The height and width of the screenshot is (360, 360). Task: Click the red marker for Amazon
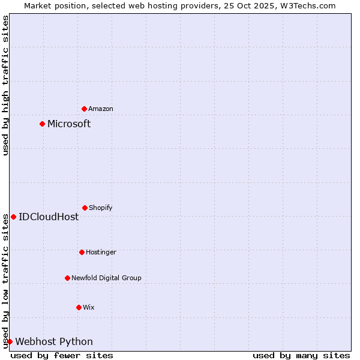point(84,109)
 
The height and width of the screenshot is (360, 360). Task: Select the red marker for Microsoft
point(42,124)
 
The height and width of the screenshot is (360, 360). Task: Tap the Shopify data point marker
point(85,208)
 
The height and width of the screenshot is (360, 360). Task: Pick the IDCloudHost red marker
point(13,217)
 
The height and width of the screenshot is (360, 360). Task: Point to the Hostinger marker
point(82,252)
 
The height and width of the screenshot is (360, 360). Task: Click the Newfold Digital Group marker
point(67,278)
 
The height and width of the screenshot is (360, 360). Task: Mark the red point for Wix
point(79,307)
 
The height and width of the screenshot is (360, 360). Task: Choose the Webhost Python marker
point(10,341)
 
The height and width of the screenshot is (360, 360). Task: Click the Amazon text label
point(101,109)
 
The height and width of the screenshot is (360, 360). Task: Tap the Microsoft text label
point(69,124)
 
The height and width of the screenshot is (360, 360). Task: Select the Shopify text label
point(101,208)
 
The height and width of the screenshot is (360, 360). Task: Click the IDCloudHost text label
point(49,217)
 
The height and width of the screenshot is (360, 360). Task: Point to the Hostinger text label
point(101,252)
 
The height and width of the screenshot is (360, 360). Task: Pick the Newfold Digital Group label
point(106,278)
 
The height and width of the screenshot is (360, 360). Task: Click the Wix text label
point(89,307)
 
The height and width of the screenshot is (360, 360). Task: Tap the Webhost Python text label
point(54,341)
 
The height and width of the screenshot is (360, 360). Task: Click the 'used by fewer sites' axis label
point(62,355)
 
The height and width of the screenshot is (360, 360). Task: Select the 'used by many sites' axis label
point(301,355)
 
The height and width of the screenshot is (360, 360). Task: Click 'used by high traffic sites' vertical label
point(5,85)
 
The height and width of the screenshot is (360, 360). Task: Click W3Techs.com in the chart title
point(306,5)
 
